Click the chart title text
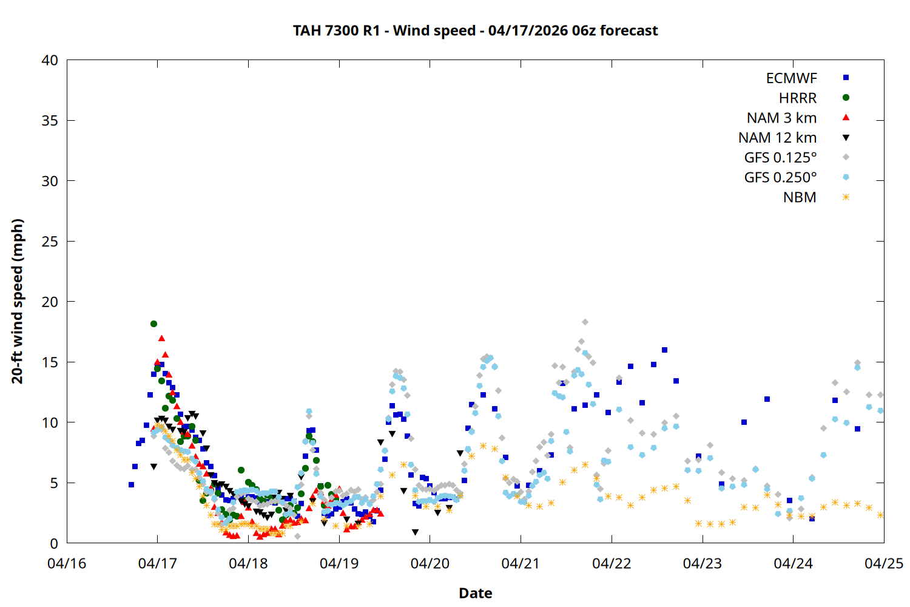point(475,30)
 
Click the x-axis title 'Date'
point(475,593)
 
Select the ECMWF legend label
point(791,78)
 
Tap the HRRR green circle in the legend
point(846,98)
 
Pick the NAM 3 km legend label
point(781,118)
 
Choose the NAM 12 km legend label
point(777,138)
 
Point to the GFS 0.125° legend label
point(780,158)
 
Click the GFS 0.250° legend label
point(780,177)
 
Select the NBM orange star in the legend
point(846,197)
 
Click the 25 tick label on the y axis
point(50,242)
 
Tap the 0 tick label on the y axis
point(54,543)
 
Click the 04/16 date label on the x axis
point(67,563)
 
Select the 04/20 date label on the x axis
point(430,563)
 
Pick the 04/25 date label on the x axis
point(883,563)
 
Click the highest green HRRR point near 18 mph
point(153,324)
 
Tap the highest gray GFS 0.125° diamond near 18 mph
point(585,322)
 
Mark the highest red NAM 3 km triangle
point(161,338)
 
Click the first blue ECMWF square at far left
point(131,484)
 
